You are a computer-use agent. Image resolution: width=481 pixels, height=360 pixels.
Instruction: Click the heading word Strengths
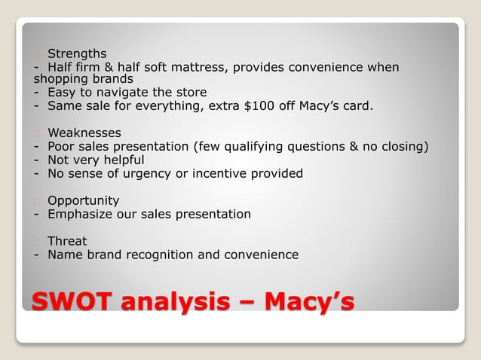click(77, 53)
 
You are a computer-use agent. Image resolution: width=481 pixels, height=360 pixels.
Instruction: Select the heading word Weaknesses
click(84, 133)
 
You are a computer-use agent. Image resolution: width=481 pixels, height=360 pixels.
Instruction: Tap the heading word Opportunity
click(84, 200)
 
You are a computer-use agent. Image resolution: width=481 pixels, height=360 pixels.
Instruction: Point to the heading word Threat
click(67, 241)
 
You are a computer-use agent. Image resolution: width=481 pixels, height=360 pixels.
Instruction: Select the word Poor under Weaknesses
click(62, 146)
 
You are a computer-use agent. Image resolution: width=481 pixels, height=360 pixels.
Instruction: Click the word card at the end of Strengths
click(357, 106)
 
